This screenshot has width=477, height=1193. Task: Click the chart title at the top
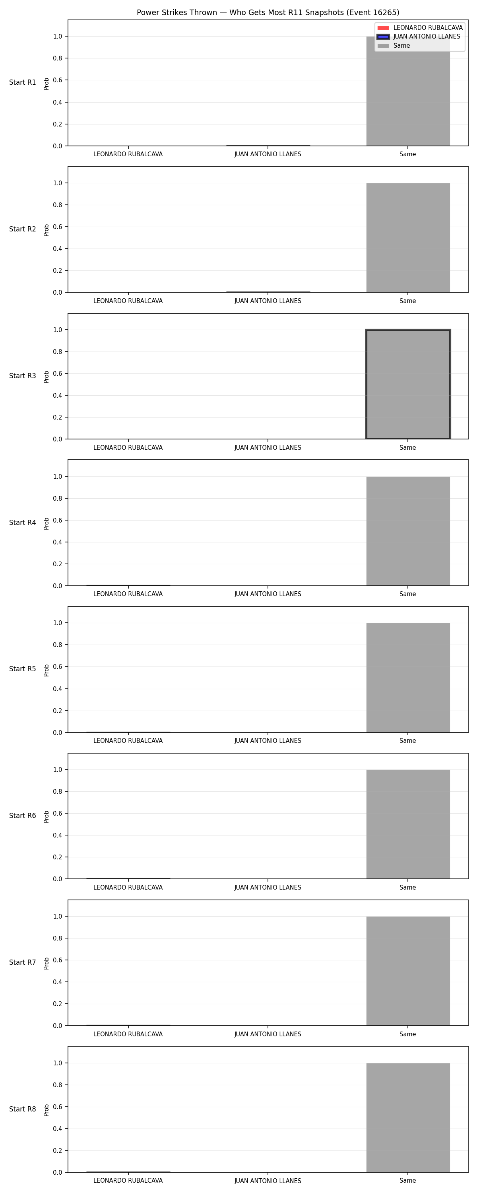coord(268,12)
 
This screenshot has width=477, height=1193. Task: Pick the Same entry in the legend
coord(394,46)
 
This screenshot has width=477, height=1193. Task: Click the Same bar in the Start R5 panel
coord(408,678)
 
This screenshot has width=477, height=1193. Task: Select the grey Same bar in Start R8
coord(408,1117)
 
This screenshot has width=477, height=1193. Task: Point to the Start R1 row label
coord(23,82)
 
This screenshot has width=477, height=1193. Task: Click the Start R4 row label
coord(23,523)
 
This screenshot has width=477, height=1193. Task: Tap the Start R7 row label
coord(23,962)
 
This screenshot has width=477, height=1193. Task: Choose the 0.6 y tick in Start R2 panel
coord(57,227)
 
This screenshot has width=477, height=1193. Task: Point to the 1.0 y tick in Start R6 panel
coord(57,770)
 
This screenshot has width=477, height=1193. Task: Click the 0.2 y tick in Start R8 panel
coord(57,1150)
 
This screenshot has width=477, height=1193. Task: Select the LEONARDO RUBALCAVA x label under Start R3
coord(128,448)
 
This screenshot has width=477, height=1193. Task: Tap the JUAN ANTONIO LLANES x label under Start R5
coord(268,741)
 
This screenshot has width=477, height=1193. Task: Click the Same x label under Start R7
coord(407,1034)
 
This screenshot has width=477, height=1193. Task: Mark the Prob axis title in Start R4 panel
coord(47,524)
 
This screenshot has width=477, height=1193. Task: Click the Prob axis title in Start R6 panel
coord(47,817)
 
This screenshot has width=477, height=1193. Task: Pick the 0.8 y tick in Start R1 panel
coord(57,58)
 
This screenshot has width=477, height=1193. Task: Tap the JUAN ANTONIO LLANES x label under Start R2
coord(268,301)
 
